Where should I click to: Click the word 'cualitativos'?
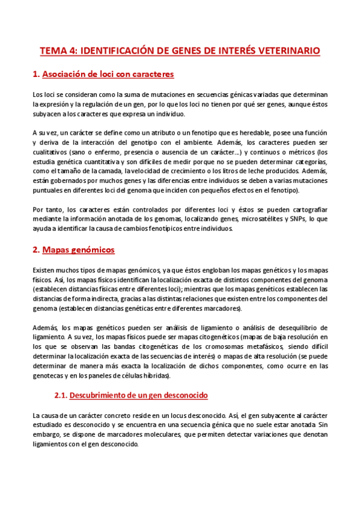(x=50, y=152)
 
